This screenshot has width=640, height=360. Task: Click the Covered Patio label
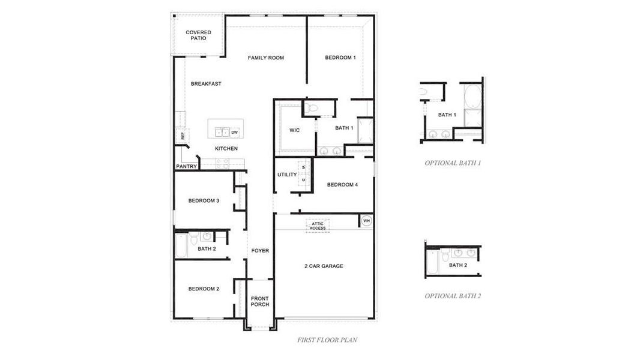point(198,35)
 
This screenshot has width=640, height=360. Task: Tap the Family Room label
point(266,58)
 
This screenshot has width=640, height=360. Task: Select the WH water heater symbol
point(366,221)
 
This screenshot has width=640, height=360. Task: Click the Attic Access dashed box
point(318,226)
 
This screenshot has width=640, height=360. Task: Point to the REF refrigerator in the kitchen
point(182,136)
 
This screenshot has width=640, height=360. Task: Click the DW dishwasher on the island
point(235,132)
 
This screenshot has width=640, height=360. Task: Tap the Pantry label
point(186,166)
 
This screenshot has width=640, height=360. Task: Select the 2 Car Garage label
point(324,266)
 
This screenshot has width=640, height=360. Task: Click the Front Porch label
point(260,301)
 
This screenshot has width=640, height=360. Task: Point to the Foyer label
point(260,251)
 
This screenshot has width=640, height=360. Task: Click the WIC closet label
point(294,130)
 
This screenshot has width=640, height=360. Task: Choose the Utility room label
point(287,175)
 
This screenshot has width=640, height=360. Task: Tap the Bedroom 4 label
point(342,185)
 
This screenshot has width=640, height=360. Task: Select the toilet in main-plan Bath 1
point(310,108)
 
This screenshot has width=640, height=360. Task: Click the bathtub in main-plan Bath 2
point(181,245)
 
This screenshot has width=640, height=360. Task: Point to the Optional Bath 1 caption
point(453,163)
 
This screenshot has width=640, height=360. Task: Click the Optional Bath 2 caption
point(453,296)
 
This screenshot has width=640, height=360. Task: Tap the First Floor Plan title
point(327,340)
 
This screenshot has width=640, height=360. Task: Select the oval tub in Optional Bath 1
point(472,97)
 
